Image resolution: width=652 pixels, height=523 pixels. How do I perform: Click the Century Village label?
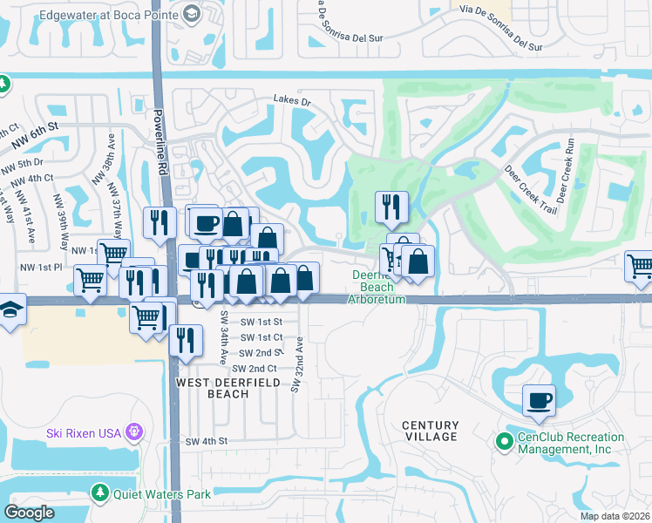[430, 430]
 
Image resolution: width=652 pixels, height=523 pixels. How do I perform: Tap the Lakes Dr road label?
[292, 101]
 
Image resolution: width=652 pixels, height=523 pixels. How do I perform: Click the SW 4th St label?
[206, 442]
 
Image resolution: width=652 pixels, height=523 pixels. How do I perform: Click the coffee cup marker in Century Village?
[539, 400]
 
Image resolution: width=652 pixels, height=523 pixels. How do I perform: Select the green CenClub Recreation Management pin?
[503, 443]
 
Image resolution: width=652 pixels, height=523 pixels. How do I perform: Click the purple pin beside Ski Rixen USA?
[133, 431]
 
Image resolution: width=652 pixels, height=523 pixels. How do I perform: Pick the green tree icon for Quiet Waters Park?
[101, 494]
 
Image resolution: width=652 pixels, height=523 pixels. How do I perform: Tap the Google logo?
[30, 513]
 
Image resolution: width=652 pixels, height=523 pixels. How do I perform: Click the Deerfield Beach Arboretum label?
[377, 287]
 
